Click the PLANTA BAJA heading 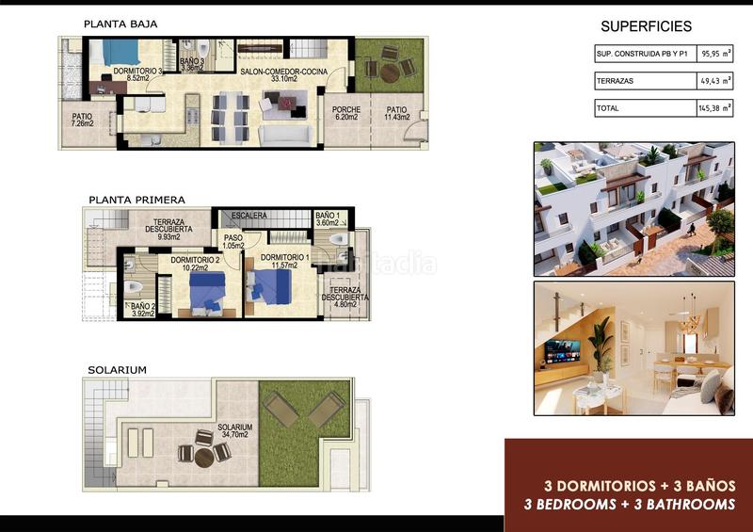coord(120,24)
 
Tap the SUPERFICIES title coord(646,26)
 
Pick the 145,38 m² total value coord(714,109)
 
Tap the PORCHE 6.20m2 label coord(346,115)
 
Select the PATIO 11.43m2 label coord(396,115)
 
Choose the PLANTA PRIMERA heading coord(136,200)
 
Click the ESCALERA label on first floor coord(249,216)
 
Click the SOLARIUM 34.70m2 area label coord(232,430)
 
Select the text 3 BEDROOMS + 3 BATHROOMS coord(629,505)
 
